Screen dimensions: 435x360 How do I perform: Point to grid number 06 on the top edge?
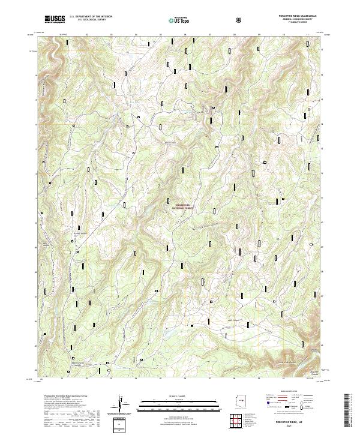[185, 35]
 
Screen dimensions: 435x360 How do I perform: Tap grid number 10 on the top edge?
[283, 35]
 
